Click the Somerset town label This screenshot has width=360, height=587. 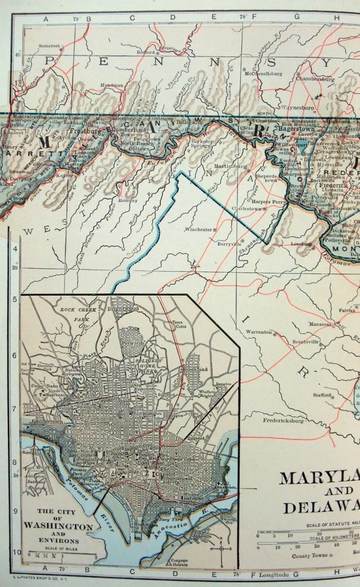[x=50, y=45]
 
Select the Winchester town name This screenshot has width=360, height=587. [x=200, y=230]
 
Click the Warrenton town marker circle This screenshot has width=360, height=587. [x=274, y=334]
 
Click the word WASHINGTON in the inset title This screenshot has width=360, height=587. [x=59, y=526]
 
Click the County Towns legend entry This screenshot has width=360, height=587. [x=311, y=555]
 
